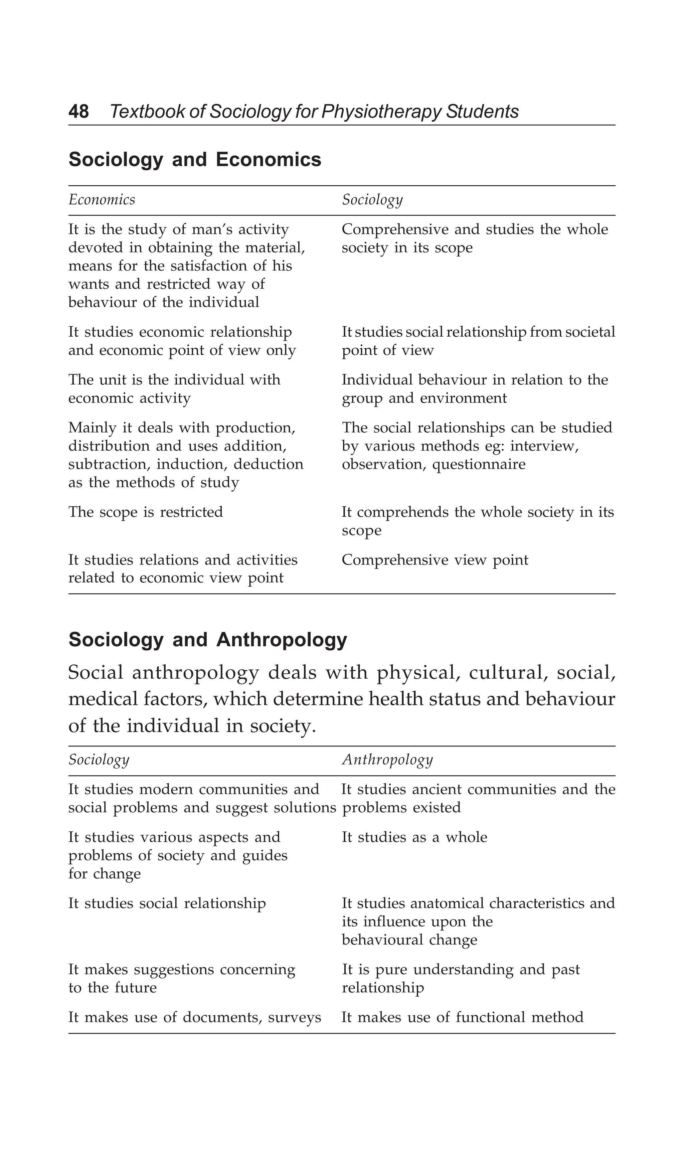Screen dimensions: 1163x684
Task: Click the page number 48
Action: click(x=78, y=112)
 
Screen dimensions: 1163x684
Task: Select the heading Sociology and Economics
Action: click(x=195, y=160)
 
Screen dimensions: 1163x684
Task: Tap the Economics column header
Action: click(x=102, y=200)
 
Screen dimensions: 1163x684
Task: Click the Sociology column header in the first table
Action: click(x=372, y=200)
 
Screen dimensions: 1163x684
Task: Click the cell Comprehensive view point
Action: click(x=435, y=560)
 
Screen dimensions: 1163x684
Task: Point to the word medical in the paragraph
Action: click(x=98, y=699)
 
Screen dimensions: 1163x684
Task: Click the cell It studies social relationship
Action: click(x=167, y=903)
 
